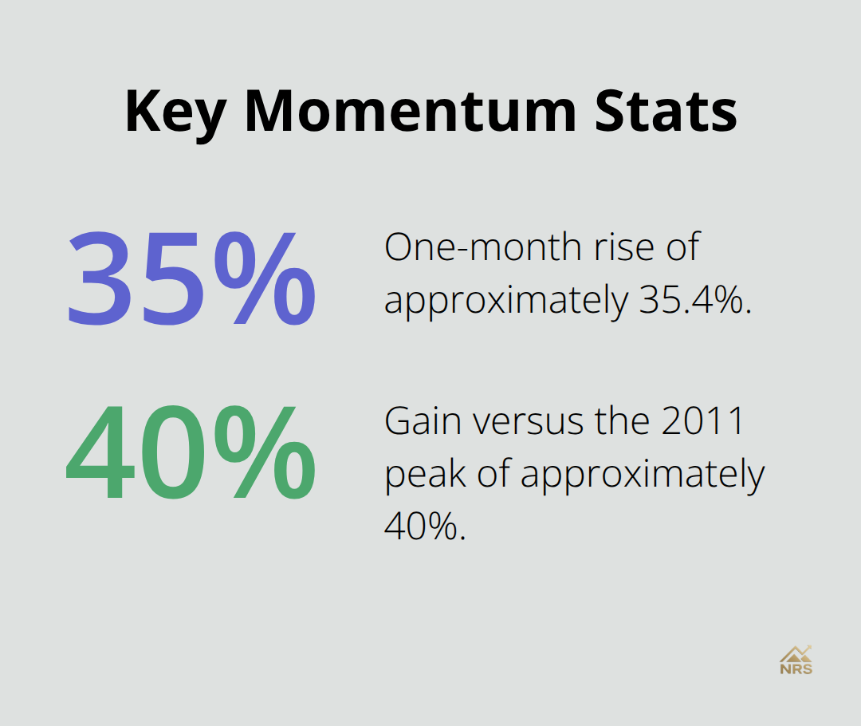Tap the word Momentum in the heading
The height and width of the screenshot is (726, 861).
[x=409, y=111]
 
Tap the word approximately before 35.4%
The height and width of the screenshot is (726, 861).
[x=505, y=302]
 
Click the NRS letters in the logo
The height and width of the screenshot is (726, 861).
[x=796, y=669]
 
